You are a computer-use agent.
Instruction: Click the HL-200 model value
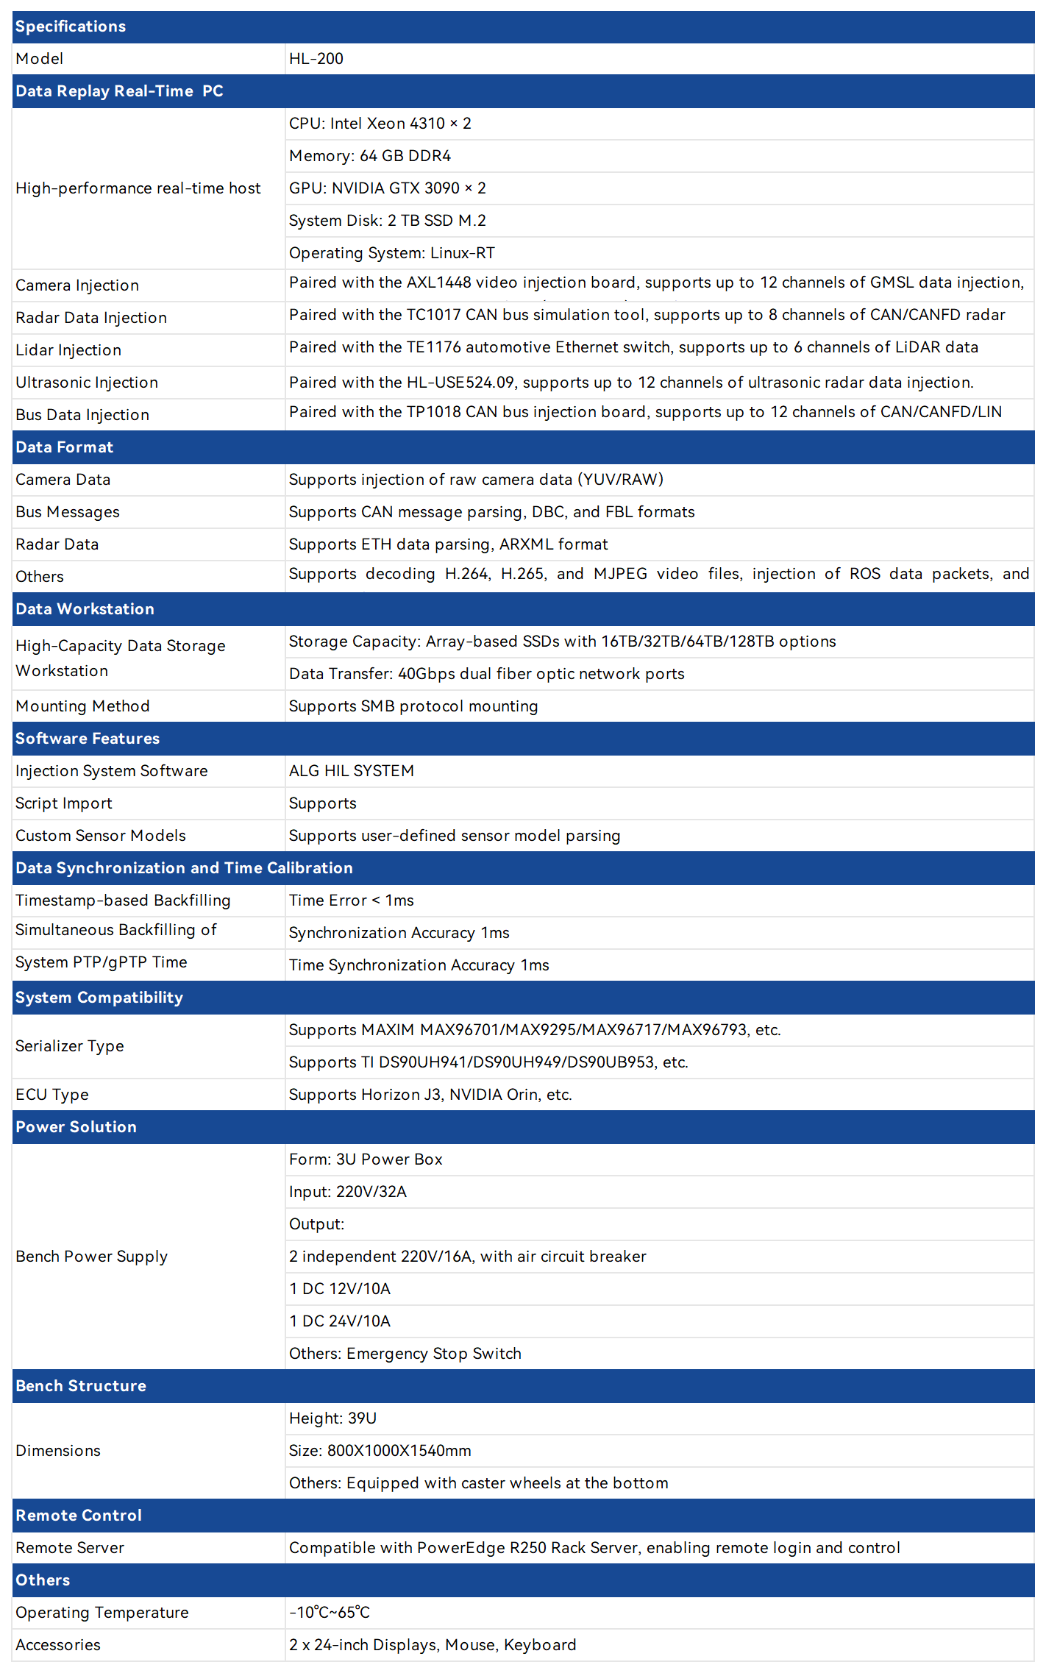316,59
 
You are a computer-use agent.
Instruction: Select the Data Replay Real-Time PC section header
119,91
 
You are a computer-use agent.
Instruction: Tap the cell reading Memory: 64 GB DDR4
370,156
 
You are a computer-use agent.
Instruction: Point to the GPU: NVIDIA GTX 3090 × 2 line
388,188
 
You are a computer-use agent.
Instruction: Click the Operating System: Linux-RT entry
392,253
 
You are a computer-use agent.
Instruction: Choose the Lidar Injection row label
68,350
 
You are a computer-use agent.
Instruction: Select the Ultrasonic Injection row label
87,383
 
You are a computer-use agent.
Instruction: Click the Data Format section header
65,447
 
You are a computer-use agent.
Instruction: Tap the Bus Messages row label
68,512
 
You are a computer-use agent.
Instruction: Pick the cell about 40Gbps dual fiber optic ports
486,674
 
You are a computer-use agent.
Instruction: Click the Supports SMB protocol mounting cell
413,706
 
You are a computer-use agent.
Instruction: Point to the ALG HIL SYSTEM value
352,771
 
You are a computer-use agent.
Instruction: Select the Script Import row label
64,803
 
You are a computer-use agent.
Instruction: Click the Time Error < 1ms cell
352,901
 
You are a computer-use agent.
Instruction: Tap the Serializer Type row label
70,1046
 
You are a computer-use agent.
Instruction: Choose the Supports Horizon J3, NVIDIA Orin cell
430,1095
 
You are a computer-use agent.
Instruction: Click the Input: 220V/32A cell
348,1192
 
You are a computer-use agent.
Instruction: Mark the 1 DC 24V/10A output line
340,1321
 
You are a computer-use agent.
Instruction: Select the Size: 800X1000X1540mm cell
380,1451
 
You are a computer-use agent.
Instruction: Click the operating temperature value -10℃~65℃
330,1613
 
